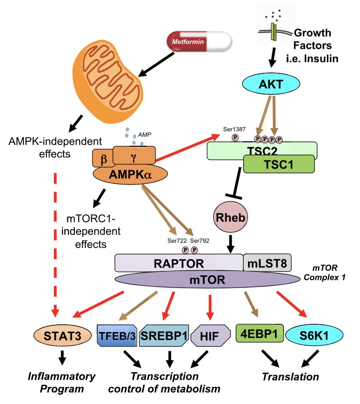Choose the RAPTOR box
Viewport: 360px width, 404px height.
coord(179,263)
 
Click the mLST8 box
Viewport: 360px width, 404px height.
coord(268,263)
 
